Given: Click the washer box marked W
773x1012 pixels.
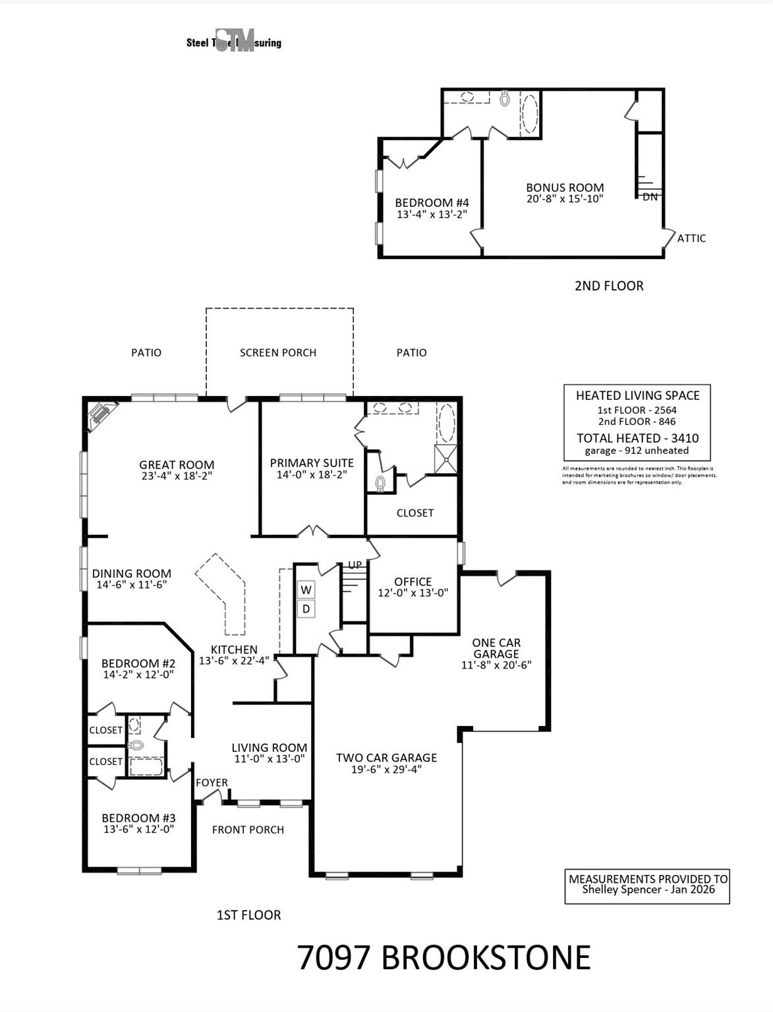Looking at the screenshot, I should (x=306, y=589).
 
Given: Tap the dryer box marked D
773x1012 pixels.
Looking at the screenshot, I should (x=306, y=609).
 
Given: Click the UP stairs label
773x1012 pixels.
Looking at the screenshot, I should (x=355, y=565).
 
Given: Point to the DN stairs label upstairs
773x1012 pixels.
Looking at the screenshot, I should (x=650, y=196).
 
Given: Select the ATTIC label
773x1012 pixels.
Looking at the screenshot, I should (x=691, y=239).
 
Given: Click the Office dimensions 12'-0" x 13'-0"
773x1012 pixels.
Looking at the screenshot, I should (x=413, y=592).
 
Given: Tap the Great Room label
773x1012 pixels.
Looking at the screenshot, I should (x=177, y=464).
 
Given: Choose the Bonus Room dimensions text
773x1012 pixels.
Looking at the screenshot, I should (x=565, y=198).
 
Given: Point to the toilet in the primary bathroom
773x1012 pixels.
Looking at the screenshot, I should (x=380, y=483).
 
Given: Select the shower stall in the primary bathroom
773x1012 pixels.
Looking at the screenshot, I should (x=445, y=459).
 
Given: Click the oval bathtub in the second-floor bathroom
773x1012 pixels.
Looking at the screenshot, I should (x=529, y=114).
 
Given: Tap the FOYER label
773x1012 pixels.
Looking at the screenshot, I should (x=212, y=783).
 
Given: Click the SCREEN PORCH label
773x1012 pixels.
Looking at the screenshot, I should (x=278, y=352).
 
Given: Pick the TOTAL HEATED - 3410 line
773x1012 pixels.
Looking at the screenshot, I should (x=637, y=438).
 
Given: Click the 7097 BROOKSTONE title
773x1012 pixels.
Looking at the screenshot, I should (x=444, y=957).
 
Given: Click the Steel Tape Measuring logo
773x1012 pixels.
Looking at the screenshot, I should (x=234, y=42).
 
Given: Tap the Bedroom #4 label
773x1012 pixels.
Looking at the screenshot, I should (x=432, y=203).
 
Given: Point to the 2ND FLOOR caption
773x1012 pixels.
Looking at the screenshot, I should (x=608, y=285).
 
